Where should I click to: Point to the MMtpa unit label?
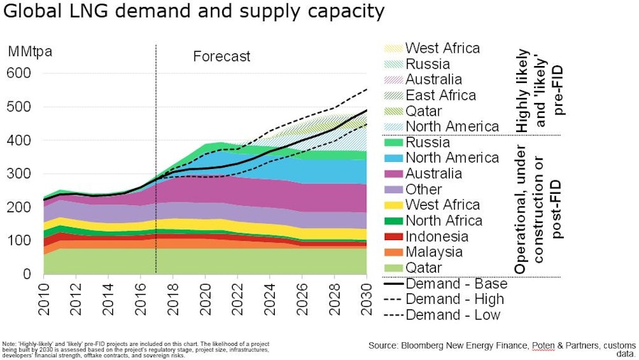pyautogui.click(x=30, y=52)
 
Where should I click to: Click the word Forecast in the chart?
pyautogui.click(x=222, y=56)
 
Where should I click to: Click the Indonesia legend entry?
pyautogui.click(x=436, y=236)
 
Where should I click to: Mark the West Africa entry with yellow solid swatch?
pyautogui.click(x=442, y=204)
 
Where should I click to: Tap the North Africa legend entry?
pyautogui.click(x=443, y=220)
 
